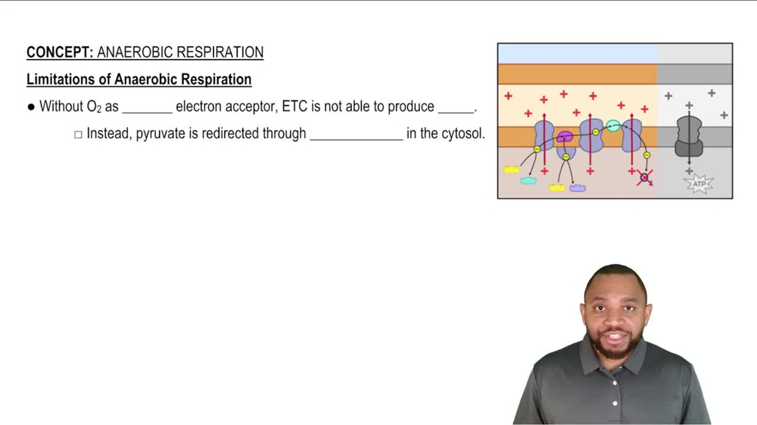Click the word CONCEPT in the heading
click(x=59, y=52)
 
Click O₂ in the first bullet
click(x=94, y=107)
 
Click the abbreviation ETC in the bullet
click(x=294, y=107)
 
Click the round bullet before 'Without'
click(x=31, y=107)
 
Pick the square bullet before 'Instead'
click(x=78, y=135)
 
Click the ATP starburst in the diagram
click(x=698, y=182)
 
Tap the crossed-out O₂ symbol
click(x=644, y=178)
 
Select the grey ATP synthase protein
click(x=688, y=136)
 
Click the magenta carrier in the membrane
click(x=565, y=137)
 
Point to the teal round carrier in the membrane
click(x=613, y=126)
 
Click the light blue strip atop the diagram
click(x=577, y=54)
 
